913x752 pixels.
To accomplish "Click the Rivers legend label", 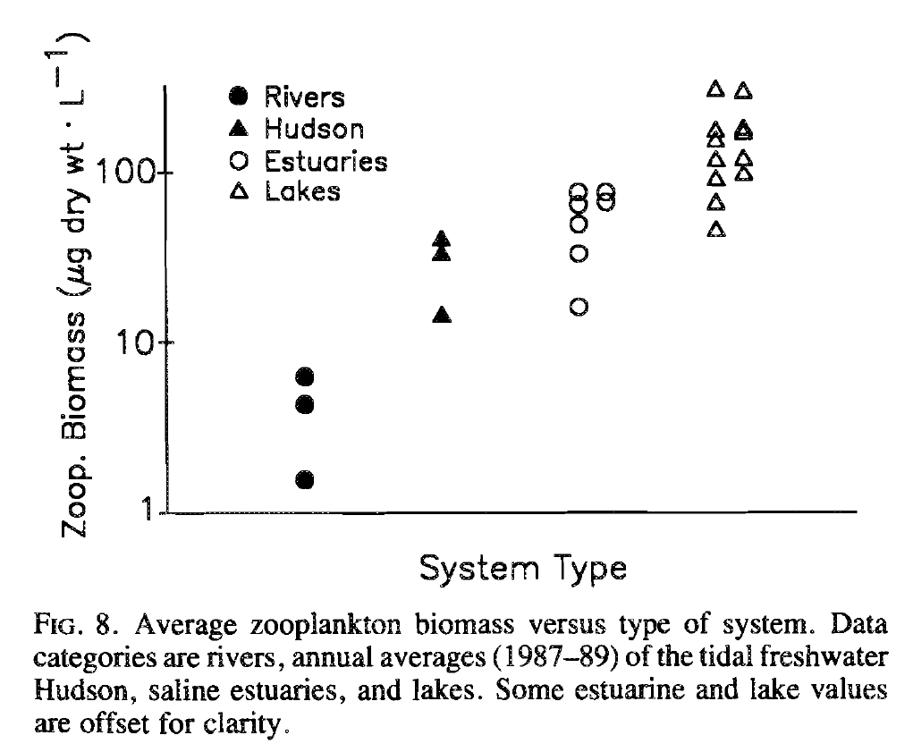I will [304, 97].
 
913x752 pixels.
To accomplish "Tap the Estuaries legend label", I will [325, 161].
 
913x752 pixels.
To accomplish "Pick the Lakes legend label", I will [302, 191].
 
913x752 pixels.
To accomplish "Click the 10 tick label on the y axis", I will [138, 342].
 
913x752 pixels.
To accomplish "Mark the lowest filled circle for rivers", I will [305, 480].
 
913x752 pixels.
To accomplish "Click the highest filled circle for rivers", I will [305, 376].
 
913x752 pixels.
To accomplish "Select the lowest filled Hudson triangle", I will [442, 315].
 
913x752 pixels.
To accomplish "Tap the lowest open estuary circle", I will [579, 307].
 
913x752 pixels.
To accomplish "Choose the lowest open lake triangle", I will [715, 230].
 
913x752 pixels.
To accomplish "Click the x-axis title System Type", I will [522, 568].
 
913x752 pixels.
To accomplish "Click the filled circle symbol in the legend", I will [238, 97].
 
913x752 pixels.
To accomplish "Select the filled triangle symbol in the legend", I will [238, 129].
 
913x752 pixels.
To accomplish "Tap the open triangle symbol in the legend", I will [238, 191].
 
